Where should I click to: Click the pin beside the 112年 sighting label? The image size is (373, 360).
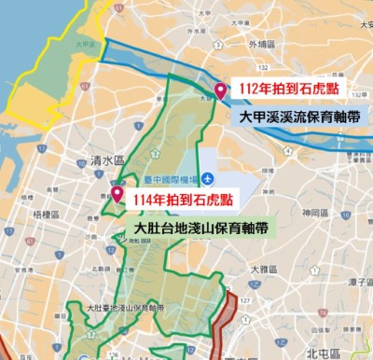[220, 90]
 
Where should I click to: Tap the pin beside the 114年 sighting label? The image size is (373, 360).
[117, 193]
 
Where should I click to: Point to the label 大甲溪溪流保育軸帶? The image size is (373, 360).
[299, 118]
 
